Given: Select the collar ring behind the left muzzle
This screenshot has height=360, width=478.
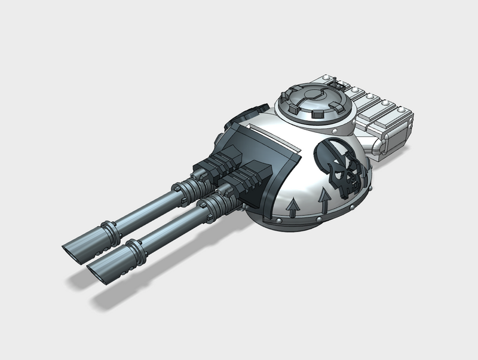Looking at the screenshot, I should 108,228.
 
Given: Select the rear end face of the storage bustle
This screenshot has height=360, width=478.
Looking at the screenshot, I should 398,136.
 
